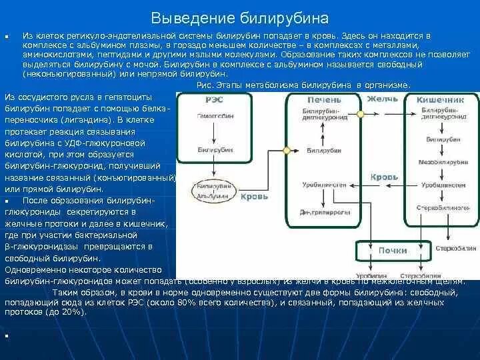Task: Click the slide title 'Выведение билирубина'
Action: point(240,17)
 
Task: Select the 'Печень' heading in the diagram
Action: point(323,99)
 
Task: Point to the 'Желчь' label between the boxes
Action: point(382,99)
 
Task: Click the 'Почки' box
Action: point(393,251)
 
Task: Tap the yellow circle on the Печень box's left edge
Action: point(287,151)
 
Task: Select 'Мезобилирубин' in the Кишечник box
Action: point(437,161)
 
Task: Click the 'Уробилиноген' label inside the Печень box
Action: point(323,183)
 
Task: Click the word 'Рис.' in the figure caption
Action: point(206,85)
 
